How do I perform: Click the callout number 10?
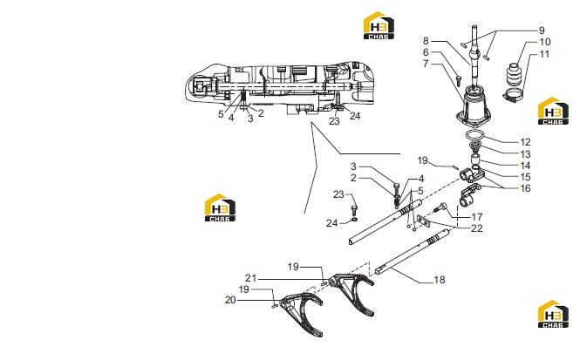545,42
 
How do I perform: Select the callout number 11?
544,54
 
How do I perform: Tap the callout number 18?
440,280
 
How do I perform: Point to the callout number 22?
477,228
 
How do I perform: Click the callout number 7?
426,64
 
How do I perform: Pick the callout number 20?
230,300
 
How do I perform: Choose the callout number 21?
250,278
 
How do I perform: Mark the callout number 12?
525,142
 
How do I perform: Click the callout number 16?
525,188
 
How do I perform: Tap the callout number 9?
541,31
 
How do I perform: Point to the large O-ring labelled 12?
475,132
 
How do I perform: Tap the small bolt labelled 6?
459,78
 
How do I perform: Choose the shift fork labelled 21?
351,292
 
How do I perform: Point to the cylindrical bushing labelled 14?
475,160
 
